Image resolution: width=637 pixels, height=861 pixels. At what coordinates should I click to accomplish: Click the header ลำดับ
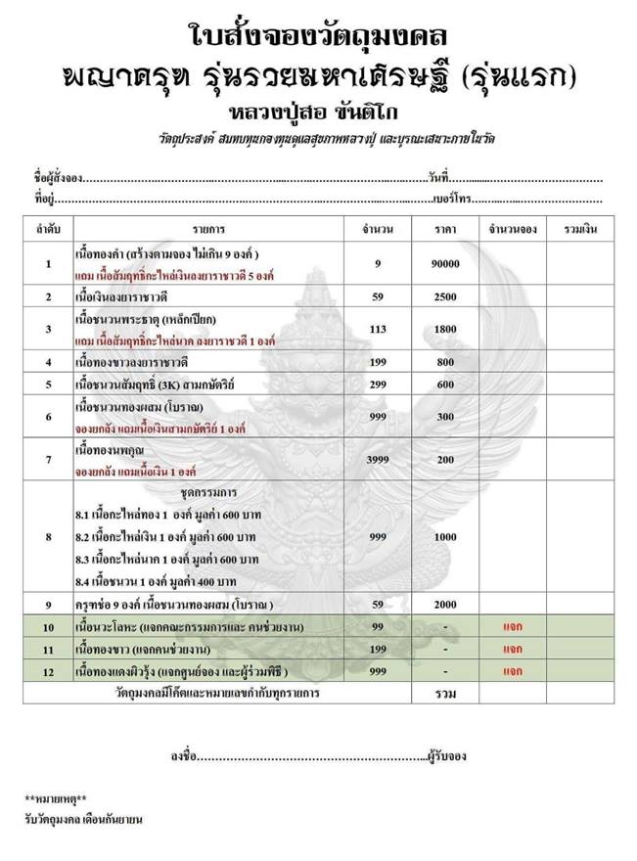tap(48, 228)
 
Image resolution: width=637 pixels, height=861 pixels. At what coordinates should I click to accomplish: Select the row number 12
tap(48, 671)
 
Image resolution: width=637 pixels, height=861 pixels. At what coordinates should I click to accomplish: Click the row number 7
tap(48, 458)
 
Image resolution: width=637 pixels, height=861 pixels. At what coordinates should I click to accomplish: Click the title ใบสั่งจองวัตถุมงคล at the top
tap(318, 37)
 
